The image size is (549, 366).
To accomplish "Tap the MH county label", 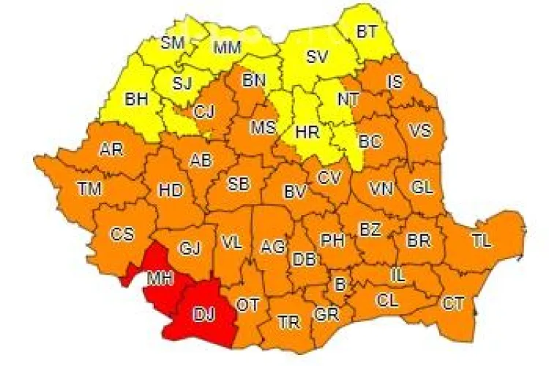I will click(160, 278).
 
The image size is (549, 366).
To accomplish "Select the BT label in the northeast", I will click(366, 31).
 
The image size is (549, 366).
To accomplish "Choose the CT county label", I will click(452, 302).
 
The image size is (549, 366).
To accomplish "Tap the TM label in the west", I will click(89, 189).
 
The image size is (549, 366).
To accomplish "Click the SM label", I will click(173, 42).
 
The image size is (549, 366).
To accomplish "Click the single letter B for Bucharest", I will click(340, 282).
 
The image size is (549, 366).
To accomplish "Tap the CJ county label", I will click(204, 112).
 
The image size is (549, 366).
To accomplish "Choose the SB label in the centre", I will click(238, 183).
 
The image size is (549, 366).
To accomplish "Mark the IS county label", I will click(395, 81).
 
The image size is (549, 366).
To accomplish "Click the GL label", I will click(422, 187).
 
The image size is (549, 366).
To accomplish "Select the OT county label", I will click(247, 305).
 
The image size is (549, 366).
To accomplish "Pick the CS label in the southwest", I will click(122, 234).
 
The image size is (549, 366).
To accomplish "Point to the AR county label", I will click(111, 149).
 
